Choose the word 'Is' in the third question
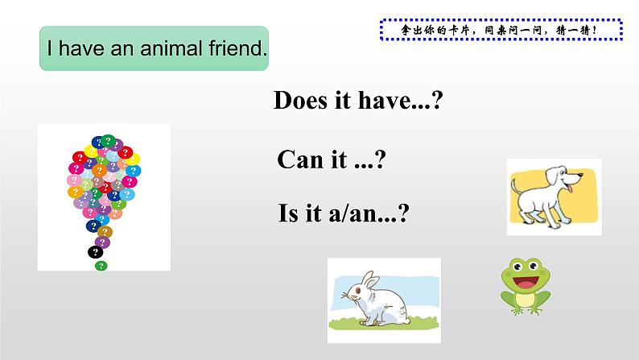click(x=288, y=214)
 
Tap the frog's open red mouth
click(x=525, y=284)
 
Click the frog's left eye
click(x=513, y=267)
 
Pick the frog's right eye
click(x=537, y=267)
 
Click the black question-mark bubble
click(x=96, y=252)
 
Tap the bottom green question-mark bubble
click(x=100, y=265)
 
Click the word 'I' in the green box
click(x=50, y=48)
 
